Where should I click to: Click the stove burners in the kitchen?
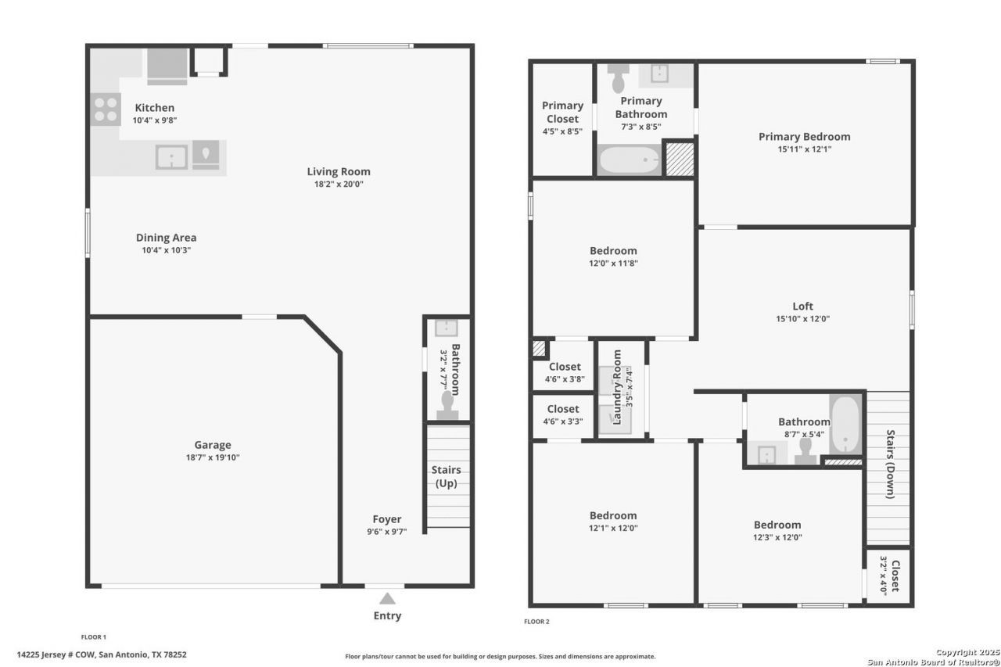coord(106,109)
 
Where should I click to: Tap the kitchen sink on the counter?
coord(171,157)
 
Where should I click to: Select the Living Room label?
coord(339,171)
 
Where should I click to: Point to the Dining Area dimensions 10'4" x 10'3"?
coord(167,250)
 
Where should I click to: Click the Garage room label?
coord(213,445)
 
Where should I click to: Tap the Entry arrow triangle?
coord(387,599)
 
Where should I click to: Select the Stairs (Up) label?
coord(446,476)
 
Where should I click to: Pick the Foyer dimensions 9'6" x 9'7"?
coord(387,532)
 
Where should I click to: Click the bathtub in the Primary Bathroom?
coord(630,160)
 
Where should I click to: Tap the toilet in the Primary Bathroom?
coord(619,78)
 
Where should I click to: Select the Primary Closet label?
coord(562,112)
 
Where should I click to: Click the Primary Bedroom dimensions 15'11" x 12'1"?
coord(805,149)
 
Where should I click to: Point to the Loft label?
coord(802,306)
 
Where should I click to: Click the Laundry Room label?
coord(617,387)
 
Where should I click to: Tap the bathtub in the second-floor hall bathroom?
coord(845,425)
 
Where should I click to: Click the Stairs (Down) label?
coord(891,464)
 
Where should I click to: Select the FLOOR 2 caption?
coord(536,622)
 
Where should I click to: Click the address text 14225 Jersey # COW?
coord(56,654)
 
